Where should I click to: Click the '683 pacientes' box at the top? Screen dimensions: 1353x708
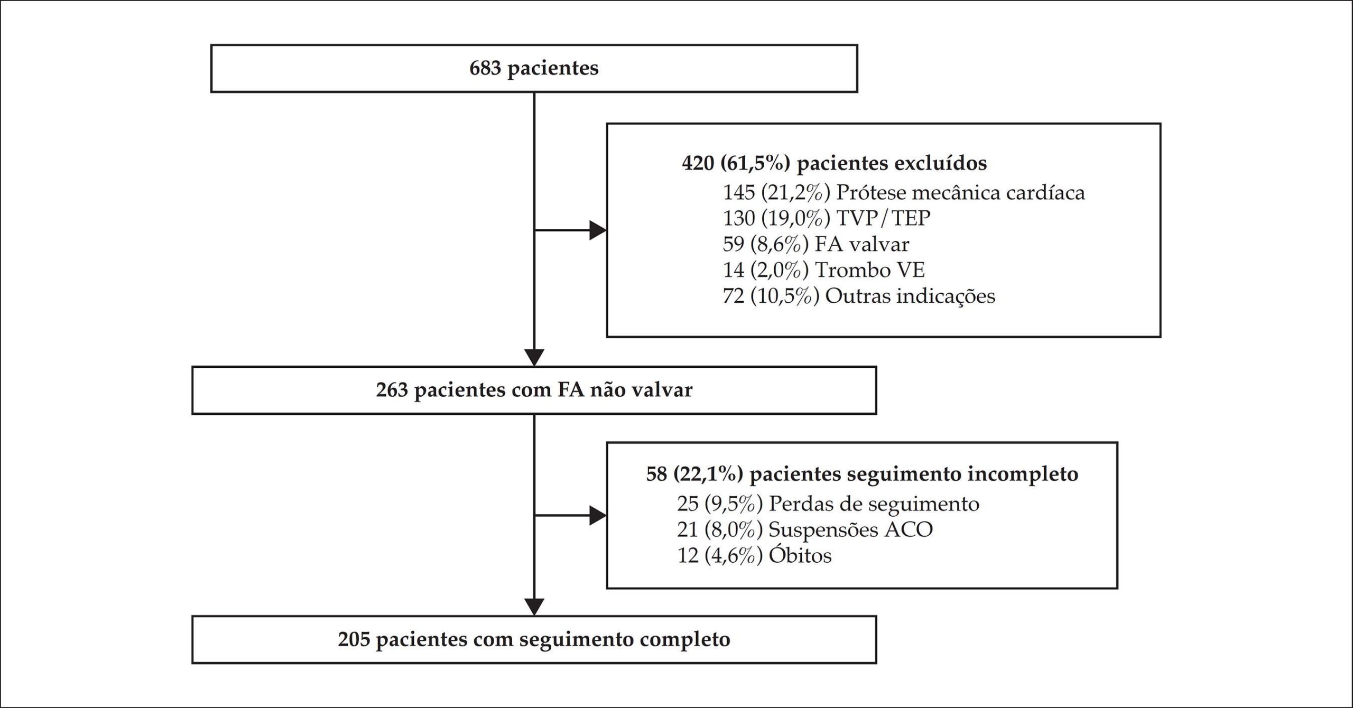pyautogui.click(x=534, y=69)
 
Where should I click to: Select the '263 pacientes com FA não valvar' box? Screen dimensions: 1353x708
pyautogui.click(x=534, y=390)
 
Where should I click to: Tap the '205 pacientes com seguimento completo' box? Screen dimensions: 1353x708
pyautogui.click(x=534, y=639)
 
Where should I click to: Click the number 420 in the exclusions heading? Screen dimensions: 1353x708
pyautogui.click(x=698, y=163)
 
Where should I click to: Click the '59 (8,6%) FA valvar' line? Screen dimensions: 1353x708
pyautogui.click(x=816, y=244)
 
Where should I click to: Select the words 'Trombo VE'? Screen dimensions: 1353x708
pyautogui.click(x=870, y=270)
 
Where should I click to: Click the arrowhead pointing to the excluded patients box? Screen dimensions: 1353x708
pyautogui.click(x=598, y=230)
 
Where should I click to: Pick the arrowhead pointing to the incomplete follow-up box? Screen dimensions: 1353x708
pyautogui.click(x=598, y=515)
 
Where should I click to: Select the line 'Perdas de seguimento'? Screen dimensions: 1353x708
pyautogui.click(x=874, y=504)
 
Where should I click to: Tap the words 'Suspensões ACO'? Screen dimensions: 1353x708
pyautogui.click(x=851, y=529)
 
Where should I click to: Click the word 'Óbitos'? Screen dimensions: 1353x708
pyautogui.click(x=800, y=555)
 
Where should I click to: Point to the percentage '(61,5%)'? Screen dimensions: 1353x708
pyautogui.click(x=755, y=163)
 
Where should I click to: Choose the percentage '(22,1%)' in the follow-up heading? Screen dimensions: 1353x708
pyautogui.click(x=708, y=474)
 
